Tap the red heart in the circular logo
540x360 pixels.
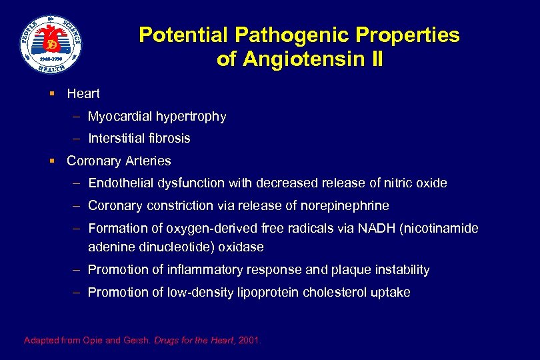click(x=51, y=45)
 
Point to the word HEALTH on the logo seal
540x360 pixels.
click(x=51, y=68)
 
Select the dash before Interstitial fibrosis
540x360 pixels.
click(x=77, y=139)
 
